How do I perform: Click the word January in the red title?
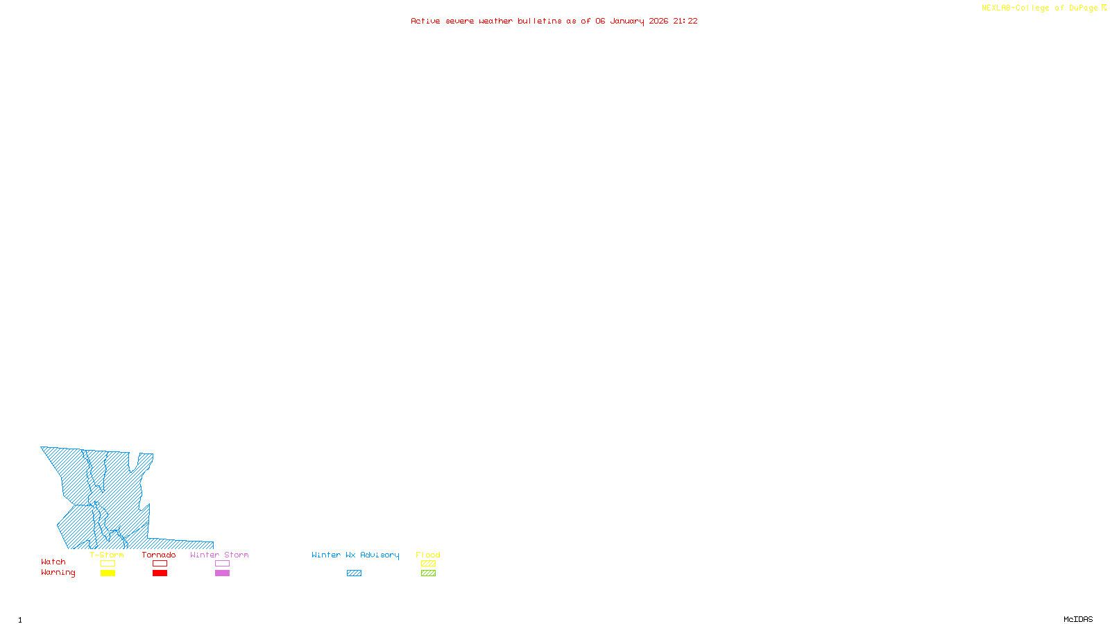(626, 21)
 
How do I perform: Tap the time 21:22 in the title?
(685, 21)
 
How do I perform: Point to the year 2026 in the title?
(658, 21)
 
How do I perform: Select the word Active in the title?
(425, 21)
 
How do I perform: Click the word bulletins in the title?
(539, 21)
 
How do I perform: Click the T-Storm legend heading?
(107, 555)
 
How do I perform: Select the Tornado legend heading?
(159, 555)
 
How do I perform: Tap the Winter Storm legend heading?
(219, 555)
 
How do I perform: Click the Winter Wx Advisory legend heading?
(355, 555)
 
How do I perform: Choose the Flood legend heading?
(428, 555)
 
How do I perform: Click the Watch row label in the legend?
(53, 562)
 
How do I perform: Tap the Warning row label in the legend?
(58, 573)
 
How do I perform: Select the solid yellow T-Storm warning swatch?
(108, 573)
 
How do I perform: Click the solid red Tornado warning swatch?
(160, 573)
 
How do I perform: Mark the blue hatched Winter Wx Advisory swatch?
(354, 573)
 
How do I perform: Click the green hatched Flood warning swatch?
(428, 573)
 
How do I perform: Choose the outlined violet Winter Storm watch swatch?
(222, 564)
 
